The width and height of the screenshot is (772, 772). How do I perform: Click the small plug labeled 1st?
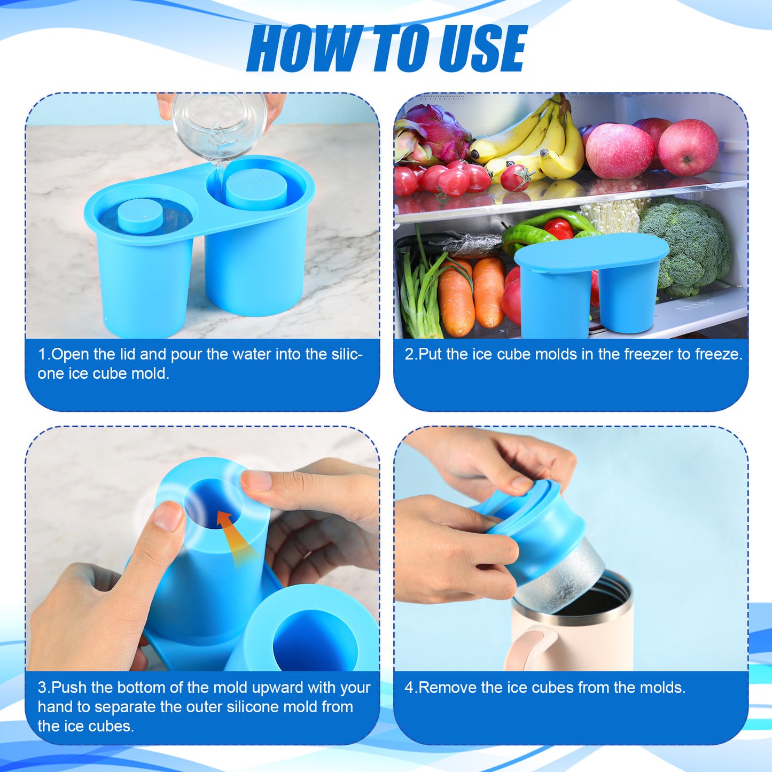pos(140,215)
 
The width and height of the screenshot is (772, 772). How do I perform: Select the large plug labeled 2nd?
pos(256,187)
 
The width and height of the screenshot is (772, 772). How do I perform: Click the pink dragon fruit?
pos(433,134)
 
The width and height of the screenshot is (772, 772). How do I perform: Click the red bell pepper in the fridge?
pos(558,228)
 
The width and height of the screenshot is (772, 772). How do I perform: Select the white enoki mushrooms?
pos(614,214)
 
